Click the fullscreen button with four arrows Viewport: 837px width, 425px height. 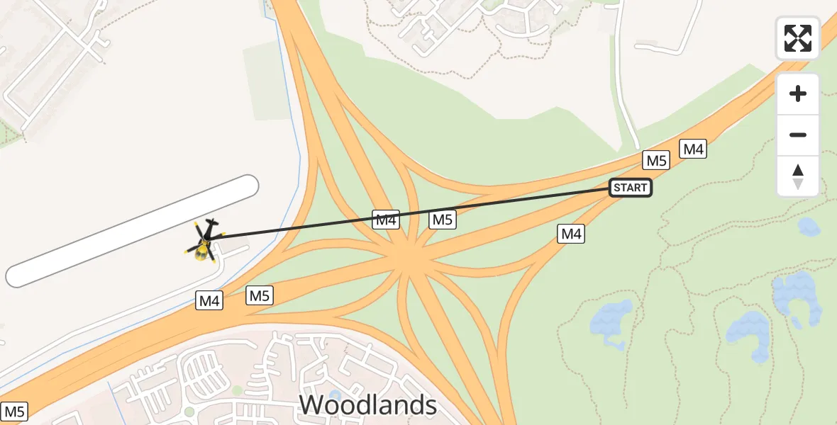click(798, 38)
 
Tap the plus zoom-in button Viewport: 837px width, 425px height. click(798, 94)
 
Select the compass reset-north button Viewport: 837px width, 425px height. click(798, 176)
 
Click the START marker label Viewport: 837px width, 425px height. click(630, 188)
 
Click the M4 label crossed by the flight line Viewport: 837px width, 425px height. click(386, 220)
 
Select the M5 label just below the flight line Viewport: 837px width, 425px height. click(442, 220)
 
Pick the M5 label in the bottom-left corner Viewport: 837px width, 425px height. click(15, 412)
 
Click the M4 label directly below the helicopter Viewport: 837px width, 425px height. click(209, 301)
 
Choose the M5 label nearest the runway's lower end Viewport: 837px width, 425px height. click(260, 296)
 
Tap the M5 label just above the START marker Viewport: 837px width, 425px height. click(657, 161)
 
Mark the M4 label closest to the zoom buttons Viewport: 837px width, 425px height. click(692, 149)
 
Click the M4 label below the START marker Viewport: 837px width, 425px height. click(572, 234)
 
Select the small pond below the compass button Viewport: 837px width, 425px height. click(809, 227)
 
